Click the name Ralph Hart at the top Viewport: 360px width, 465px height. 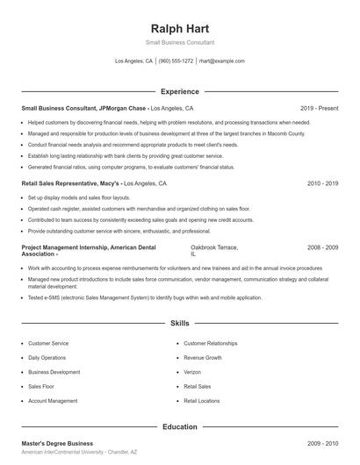179,27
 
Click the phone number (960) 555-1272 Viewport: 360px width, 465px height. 176,61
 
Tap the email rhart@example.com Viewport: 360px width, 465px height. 221,61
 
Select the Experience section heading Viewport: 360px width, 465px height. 179,91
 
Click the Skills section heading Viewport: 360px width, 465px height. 179,324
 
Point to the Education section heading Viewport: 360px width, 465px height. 179,427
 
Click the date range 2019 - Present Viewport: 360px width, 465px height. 319,110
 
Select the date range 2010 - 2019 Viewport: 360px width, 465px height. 322,184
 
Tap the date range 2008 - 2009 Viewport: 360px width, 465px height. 322,248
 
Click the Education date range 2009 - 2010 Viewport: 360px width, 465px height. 322,445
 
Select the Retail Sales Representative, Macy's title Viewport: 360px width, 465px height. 70,184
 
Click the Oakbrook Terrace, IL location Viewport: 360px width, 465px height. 214,252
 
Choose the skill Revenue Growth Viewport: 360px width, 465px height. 202,358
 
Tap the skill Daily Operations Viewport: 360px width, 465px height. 47,358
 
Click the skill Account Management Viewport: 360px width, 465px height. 52,400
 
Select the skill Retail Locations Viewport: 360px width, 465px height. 202,400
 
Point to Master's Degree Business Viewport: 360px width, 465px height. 57,445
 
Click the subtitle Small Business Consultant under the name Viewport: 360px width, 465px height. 179,42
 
